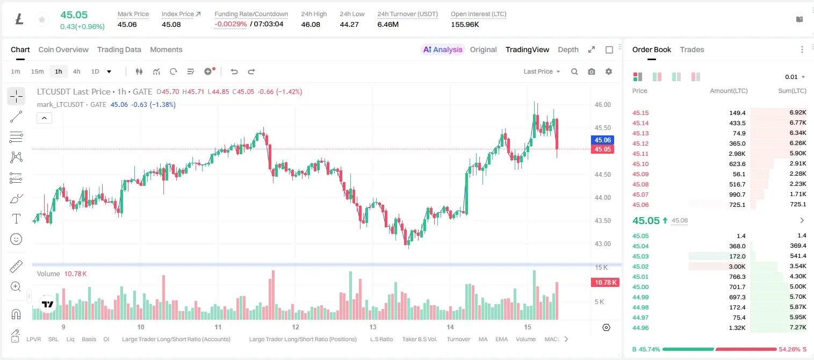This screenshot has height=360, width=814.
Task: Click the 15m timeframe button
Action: pos(38,71)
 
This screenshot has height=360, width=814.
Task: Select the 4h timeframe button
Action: pos(76,71)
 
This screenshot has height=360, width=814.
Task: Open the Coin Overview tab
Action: pos(63,49)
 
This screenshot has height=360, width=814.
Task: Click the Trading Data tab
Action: pos(119,49)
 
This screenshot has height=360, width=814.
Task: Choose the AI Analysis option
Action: pos(443,49)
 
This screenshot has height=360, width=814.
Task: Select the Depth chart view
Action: pos(568,49)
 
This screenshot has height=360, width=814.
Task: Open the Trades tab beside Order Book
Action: pos(691,49)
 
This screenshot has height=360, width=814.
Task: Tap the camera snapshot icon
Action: pos(591,71)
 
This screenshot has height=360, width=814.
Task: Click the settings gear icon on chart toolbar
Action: pos(609,71)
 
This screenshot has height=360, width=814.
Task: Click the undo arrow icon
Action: pos(234,71)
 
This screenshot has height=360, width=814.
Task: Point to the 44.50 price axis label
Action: pos(602,175)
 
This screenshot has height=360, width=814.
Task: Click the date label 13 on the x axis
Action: pos(373,327)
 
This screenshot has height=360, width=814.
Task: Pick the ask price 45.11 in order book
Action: pos(640,154)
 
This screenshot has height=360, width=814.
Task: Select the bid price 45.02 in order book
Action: pos(640,267)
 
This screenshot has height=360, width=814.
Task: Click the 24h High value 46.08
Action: pos(311,24)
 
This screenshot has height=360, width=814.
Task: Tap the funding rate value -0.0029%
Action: pos(230,24)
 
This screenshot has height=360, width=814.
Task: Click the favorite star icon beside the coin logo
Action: pos(42,19)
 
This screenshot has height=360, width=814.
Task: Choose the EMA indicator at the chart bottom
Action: pos(501,339)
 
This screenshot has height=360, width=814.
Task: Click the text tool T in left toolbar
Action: pos(16,219)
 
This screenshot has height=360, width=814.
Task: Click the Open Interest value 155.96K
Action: pos(465,24)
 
